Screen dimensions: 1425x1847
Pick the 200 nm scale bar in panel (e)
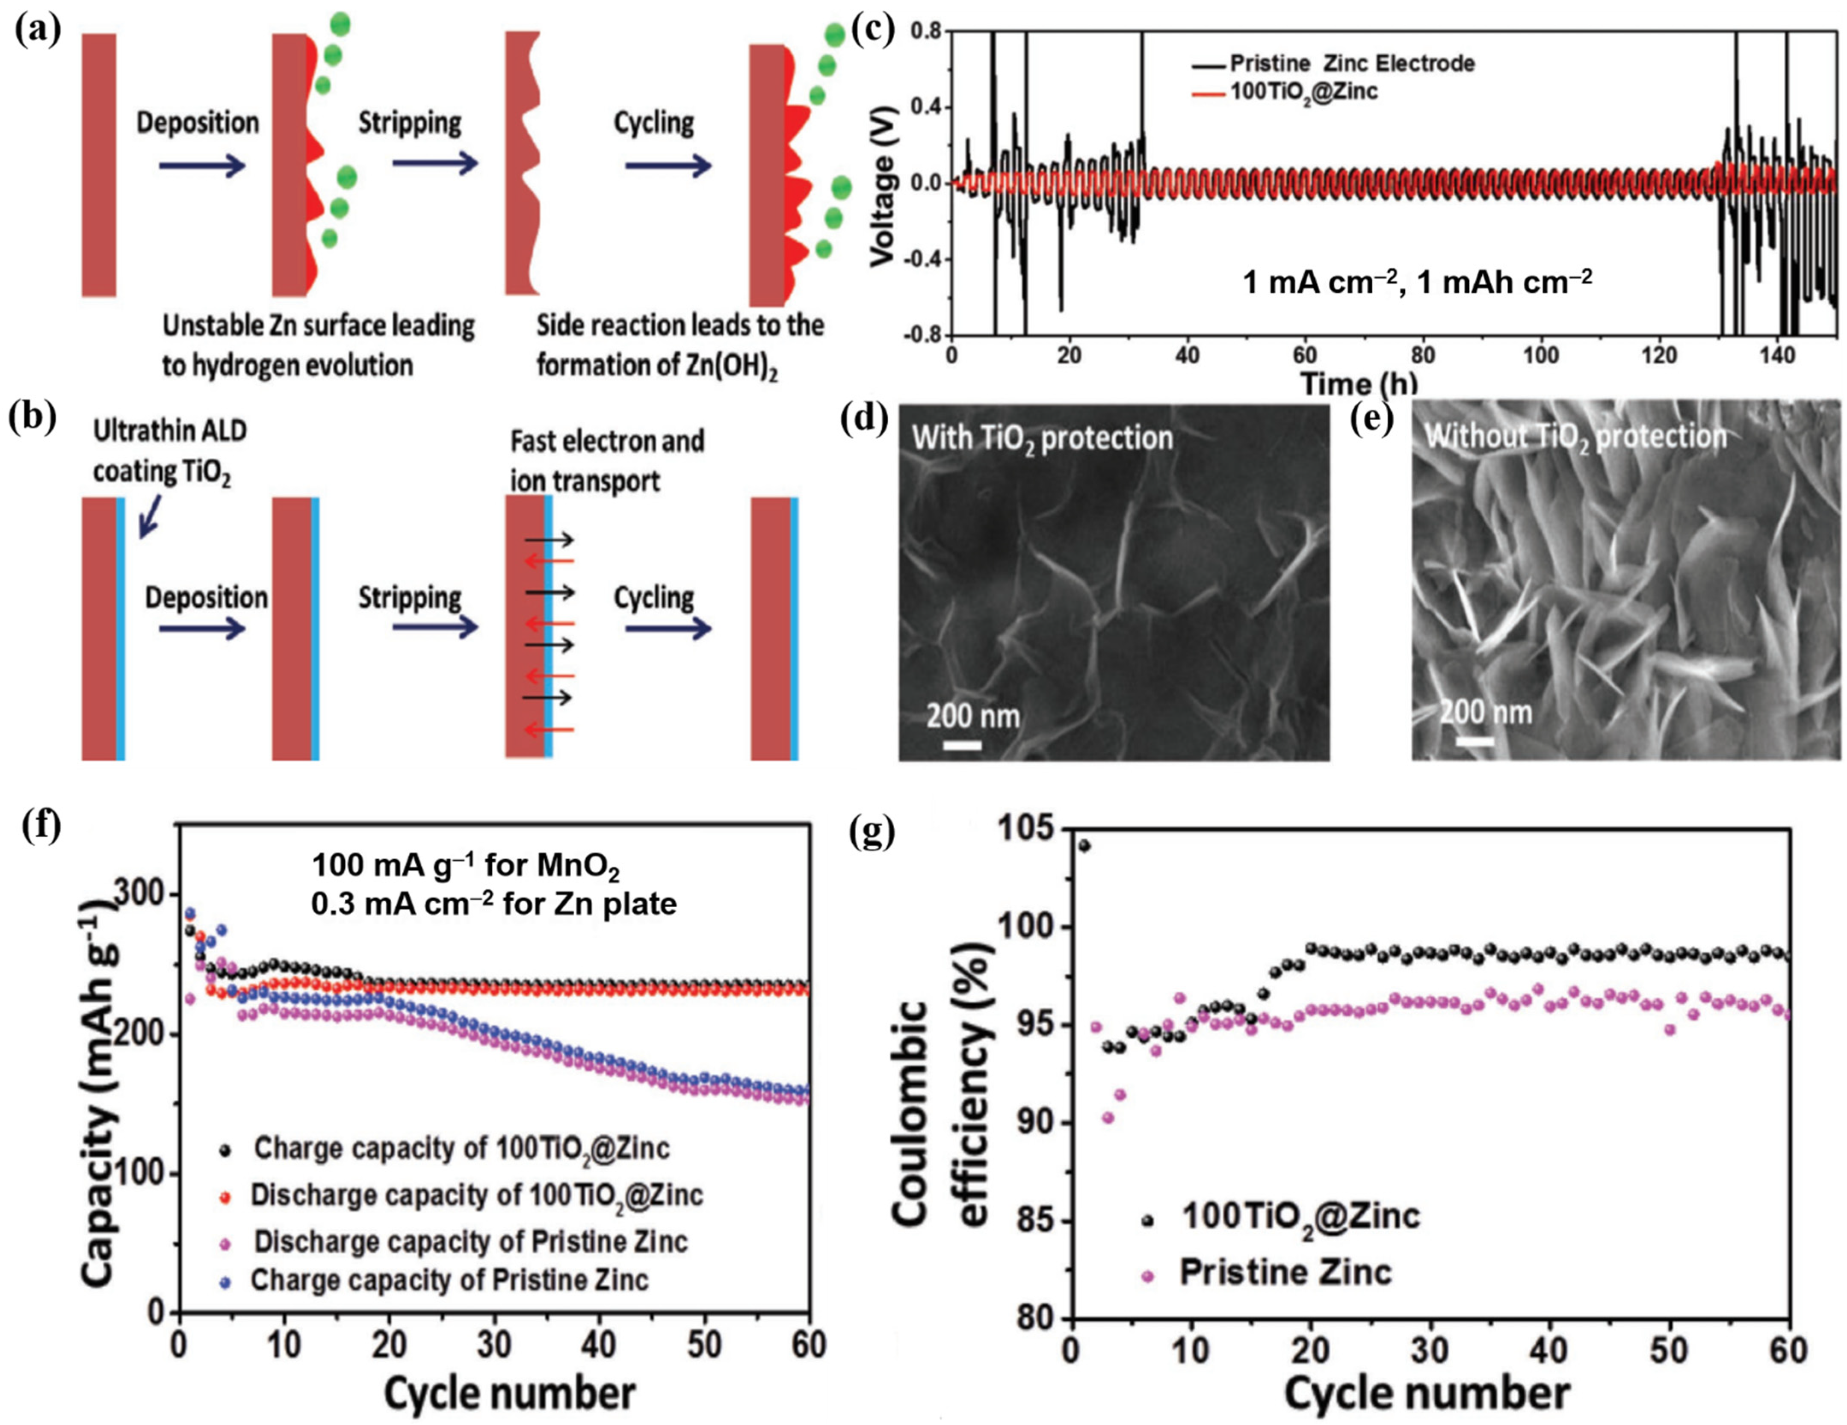(1474, 741)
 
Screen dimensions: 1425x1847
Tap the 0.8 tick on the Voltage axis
(926, 31)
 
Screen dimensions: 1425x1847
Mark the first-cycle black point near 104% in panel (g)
(1084, 845)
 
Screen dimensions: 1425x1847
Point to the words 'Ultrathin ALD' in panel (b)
(169, 431)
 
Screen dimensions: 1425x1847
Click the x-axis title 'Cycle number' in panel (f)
(509, 1392)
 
